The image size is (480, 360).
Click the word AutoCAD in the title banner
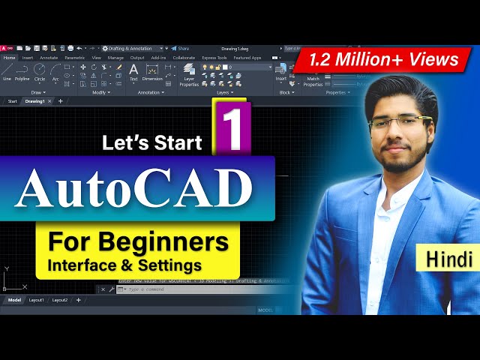133,187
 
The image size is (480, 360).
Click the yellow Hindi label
448,259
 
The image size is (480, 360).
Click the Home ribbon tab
9,57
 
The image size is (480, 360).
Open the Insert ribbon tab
28,57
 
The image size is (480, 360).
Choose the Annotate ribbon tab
49,57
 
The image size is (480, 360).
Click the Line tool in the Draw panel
7,72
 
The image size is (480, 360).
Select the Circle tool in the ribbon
40,72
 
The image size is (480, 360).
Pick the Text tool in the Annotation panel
133,72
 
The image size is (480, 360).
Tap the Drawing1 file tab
34,100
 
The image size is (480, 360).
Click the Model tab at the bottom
14,300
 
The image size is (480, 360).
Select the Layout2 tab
60,300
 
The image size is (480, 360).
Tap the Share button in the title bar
180,48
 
